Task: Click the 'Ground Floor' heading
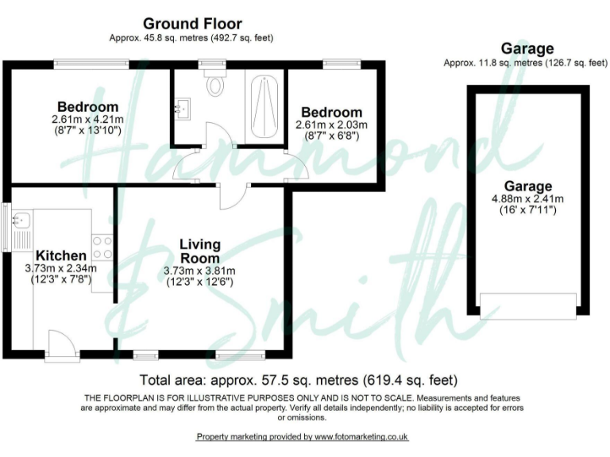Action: click(x=192, y=24)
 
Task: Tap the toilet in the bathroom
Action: click(x=215, y=84)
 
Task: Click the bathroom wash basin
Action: click(x=184, y=107)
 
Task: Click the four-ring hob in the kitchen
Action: click(x=102, y=246)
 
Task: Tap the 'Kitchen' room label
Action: click(x=60, y=255)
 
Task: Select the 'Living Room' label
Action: click(x=199, y=251)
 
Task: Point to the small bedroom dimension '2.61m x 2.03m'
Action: click(x=331, y=125)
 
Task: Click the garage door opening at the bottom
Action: click(x=528, y=306)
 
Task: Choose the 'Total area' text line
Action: click(x=298, y=379)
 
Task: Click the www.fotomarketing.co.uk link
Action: click(x=361, y=437)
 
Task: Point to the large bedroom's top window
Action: click(x=91, y=63)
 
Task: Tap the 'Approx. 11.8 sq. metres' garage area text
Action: click(x=515, y=63)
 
